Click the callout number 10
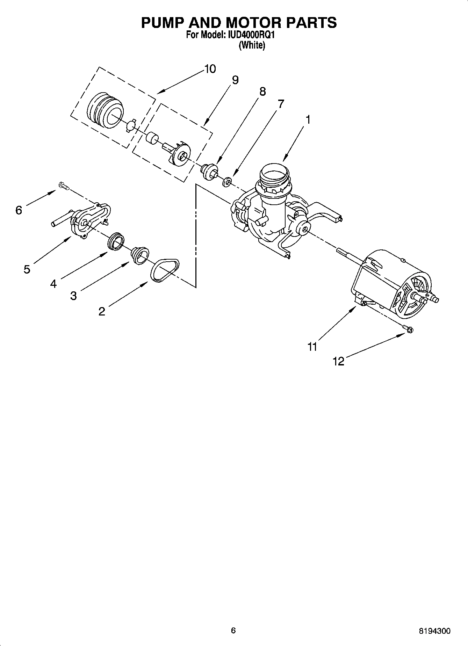pos(210,69)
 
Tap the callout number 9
pos(235,80)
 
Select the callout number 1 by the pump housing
pos(308,119)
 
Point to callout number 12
pos(338,361)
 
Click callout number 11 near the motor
pos(312,347)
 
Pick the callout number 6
pos(19,210)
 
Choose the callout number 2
pos(102,311)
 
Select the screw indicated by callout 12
pos(408,328)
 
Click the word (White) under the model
pos(252,45)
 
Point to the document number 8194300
pos(435,631)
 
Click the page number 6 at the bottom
pos(233,630)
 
